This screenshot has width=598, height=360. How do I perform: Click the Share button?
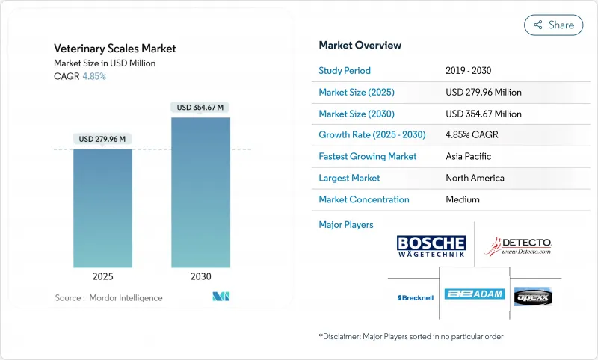coord(553,25)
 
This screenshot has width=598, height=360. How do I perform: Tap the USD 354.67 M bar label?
coord(200,108)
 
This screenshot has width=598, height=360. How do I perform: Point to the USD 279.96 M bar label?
coord(102,139)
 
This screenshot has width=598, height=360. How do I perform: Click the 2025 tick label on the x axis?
coord(102,276)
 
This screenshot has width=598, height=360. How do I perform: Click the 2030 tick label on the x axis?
coord(200,276)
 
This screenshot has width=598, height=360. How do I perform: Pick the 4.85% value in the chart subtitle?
coord(94,77)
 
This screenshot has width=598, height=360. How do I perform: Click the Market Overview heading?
coord(360,46)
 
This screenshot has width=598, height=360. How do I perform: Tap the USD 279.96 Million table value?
coord(483,93)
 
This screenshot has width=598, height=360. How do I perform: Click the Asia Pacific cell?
coord(469,157)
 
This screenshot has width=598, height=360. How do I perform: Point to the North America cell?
coord(475,178)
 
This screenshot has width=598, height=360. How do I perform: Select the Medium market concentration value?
coord(462,199)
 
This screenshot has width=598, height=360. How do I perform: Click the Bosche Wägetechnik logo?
coord(431,246)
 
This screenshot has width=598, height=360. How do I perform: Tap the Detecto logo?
coord(517,246)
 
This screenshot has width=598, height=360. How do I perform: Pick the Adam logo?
coord(475,294)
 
